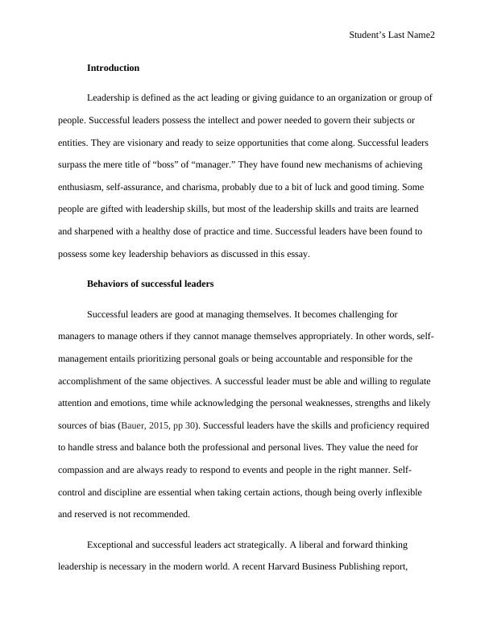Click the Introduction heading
click(x=113, y=68)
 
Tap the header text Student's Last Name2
click(x=392, y=35)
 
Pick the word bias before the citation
click(x=104, y=424)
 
